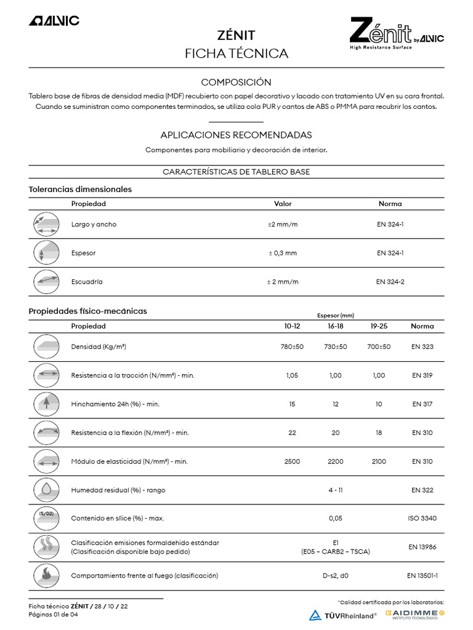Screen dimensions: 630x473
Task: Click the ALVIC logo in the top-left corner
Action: coord(54,21)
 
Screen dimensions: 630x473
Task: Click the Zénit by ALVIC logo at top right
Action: coord(396,34)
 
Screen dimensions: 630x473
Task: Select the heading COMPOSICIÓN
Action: coord(236,82)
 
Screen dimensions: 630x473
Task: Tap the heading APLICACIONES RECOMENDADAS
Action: coord(236,135)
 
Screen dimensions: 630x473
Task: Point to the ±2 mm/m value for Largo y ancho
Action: coord(283,225)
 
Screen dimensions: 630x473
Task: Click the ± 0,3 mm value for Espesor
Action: coord(283,253)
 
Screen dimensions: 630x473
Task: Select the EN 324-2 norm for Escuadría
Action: coord(390,282)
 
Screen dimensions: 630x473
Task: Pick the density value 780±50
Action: coord(292,347)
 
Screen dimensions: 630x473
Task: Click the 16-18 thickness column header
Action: coord(335,326)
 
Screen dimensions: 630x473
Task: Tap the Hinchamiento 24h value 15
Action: coord(292,404)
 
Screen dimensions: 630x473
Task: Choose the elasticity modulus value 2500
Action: coord(292,461)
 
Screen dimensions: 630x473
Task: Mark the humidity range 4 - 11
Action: coord(335,490)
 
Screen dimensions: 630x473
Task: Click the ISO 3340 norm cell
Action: coord(422,519)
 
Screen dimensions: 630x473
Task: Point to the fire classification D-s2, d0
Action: coord(335,576)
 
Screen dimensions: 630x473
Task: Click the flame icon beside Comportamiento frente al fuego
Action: coord(47,576)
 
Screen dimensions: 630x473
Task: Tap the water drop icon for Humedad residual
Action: coord(47,490)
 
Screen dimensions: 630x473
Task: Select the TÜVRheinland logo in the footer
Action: coord(342,615)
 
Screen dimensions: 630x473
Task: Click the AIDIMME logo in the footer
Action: coord(414,614)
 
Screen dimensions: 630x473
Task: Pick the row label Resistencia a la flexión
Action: coord(130,433)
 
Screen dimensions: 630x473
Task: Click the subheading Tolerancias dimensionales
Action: coord(80,189)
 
